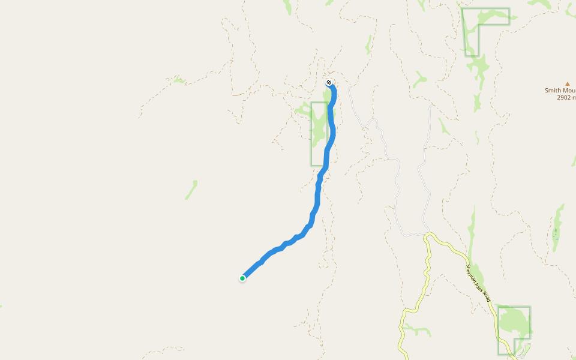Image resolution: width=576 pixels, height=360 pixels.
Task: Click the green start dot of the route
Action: coord(242,278)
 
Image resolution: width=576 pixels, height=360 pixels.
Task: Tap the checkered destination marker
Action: coord(329,82)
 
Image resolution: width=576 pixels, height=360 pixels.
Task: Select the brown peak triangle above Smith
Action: coord(567,84)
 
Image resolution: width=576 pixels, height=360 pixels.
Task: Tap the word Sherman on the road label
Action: coord(472,272)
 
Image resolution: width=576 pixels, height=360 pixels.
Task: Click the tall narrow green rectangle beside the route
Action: coord(319,133)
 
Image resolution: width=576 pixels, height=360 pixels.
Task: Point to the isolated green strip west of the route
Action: coord(191,190)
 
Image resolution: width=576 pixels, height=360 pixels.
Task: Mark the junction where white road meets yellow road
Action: coord(427,234)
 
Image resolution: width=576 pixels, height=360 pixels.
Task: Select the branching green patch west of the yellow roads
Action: coord(416,330)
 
